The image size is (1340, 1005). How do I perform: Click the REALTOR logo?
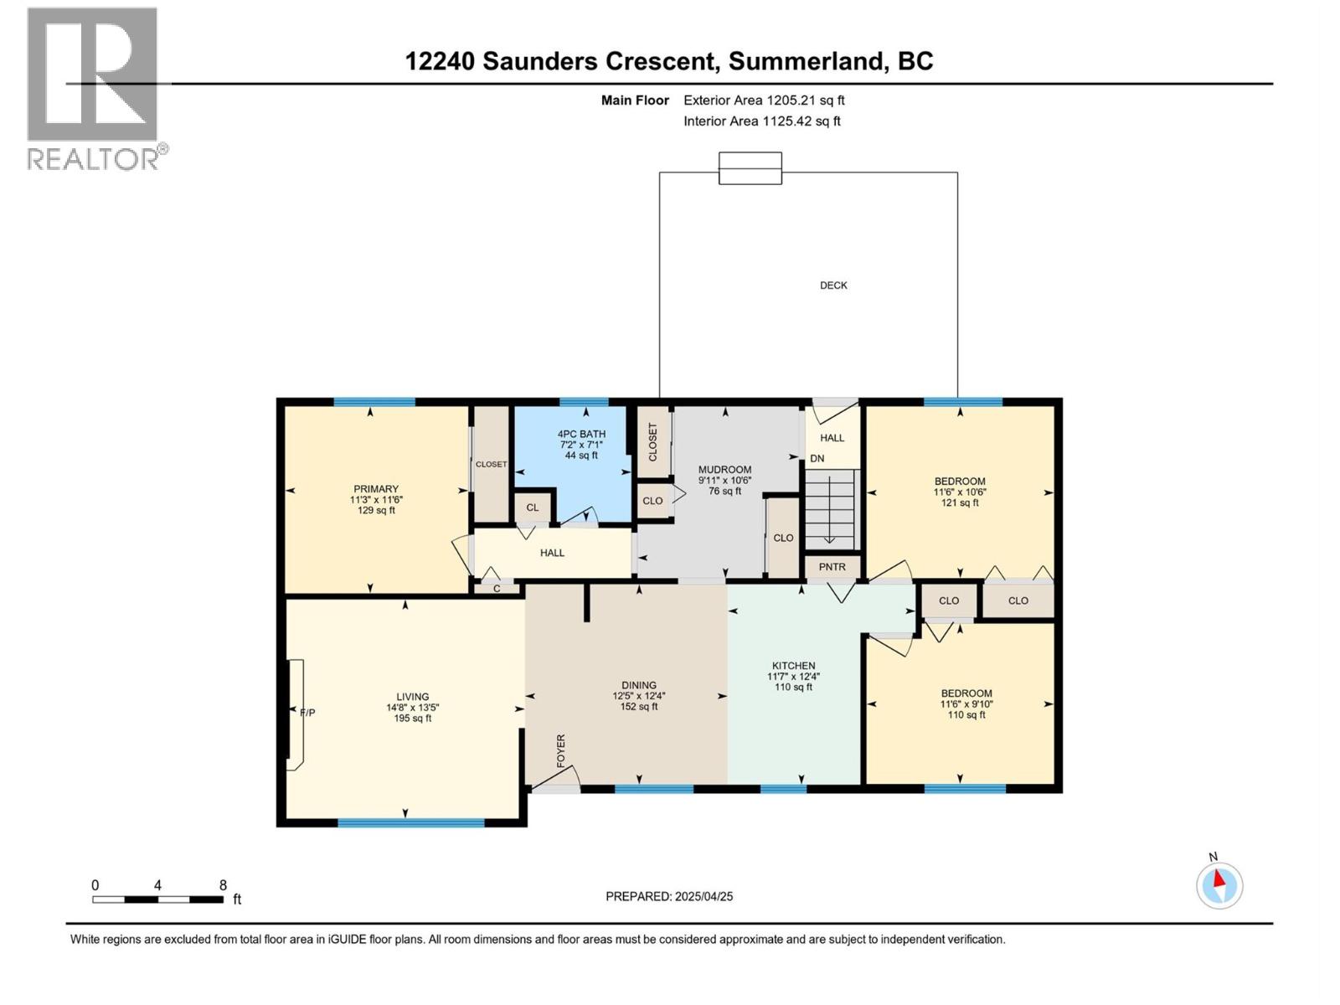pos(93,88)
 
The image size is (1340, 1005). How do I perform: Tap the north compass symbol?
pos(1219,885)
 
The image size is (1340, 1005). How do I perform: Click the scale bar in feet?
pos(158,899)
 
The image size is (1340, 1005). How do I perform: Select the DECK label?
pos(833,286)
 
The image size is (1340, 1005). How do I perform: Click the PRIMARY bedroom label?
pos(376,489)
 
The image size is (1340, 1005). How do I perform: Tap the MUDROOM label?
pos(725,470)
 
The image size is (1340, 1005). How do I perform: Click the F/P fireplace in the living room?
pos(296,714)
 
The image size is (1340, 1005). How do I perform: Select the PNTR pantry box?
pos(832,567)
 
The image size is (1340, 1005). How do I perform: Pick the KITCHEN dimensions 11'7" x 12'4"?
pos(793,677)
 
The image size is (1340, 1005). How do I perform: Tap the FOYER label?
pos(561,750)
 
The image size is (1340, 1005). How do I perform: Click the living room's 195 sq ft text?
pos(413,719)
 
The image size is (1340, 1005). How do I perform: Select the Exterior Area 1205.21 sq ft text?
pos(764,100)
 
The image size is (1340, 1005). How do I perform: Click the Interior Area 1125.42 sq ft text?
pos(761,121)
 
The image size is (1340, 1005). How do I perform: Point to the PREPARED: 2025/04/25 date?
pos(669,896)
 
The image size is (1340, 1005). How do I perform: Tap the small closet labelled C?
pos(497,589)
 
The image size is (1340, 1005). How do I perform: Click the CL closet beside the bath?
pos(533,508)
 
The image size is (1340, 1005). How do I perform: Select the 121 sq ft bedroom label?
pos(960,503)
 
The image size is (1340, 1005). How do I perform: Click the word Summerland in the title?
pos(806,61)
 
